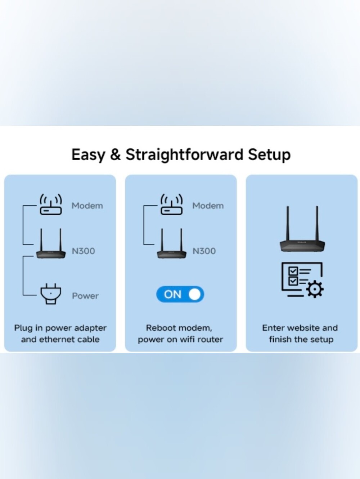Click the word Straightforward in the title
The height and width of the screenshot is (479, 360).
[x=184, y=155]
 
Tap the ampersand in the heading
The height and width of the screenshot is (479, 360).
[x=115, y=155]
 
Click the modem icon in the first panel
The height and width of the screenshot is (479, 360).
[x=51, y=204]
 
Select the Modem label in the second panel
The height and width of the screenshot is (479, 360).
[x=208, y=206]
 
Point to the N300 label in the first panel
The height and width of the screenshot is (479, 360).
[x=84, y=251]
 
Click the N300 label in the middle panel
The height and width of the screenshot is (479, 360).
[x=204, y=251]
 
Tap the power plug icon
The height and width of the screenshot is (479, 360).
[x=51, y=294]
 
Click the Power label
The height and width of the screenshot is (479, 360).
[x=85, y=296]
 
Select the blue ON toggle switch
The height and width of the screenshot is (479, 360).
[x=180, y=294]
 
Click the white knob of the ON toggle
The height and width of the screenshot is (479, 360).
[x=194, y=294]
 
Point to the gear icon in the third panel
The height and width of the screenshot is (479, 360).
[x=315, y=289]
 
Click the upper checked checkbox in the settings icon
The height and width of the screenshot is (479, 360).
[x=293, y=271]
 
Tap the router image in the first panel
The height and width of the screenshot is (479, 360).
[x=51, y=243]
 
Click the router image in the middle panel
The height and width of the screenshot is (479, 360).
[x=172, y=243]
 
